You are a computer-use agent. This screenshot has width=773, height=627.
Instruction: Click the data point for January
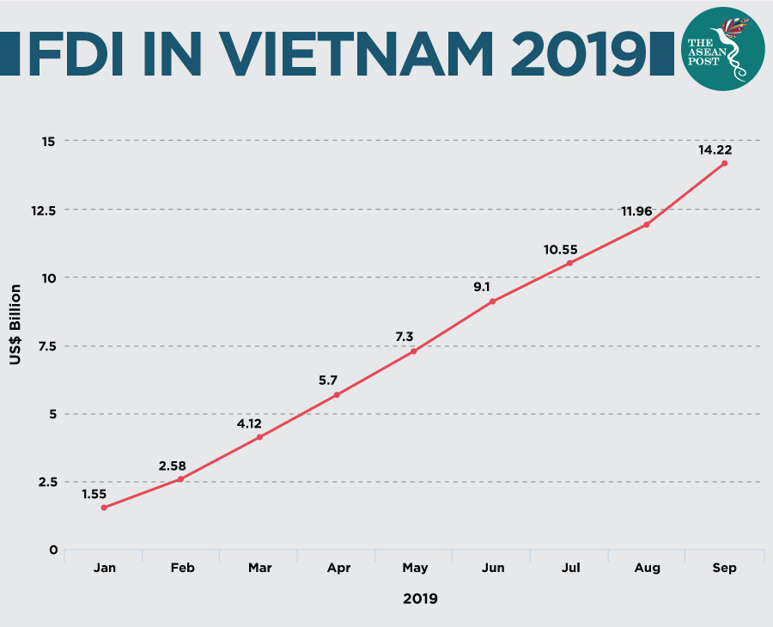click(x=104, y=508)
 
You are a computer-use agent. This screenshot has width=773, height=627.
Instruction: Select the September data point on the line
click(x=725, y=163)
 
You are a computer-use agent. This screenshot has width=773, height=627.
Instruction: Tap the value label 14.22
click(x=715, y=149)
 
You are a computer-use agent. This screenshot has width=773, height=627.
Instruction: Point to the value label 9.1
click(x=482, y=287)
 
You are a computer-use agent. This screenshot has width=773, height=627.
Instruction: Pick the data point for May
click(x=414, y=351)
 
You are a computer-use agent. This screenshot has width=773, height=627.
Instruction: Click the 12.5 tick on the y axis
click(x=43, y=210)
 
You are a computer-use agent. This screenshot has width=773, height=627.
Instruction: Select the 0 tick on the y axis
click(x=53, y=551)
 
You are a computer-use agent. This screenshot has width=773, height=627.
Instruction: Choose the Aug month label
click(x=647, y=568)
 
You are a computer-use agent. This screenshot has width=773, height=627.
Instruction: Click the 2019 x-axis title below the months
click(x=420, y=599)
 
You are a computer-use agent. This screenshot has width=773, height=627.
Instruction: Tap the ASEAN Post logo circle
click(x=722, y=51)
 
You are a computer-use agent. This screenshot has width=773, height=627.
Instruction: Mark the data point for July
click(x=569, y=263)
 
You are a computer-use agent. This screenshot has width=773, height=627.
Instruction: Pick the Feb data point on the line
click(x=180, y=478)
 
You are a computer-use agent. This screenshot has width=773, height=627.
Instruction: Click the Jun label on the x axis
click(x=492, y=568)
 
